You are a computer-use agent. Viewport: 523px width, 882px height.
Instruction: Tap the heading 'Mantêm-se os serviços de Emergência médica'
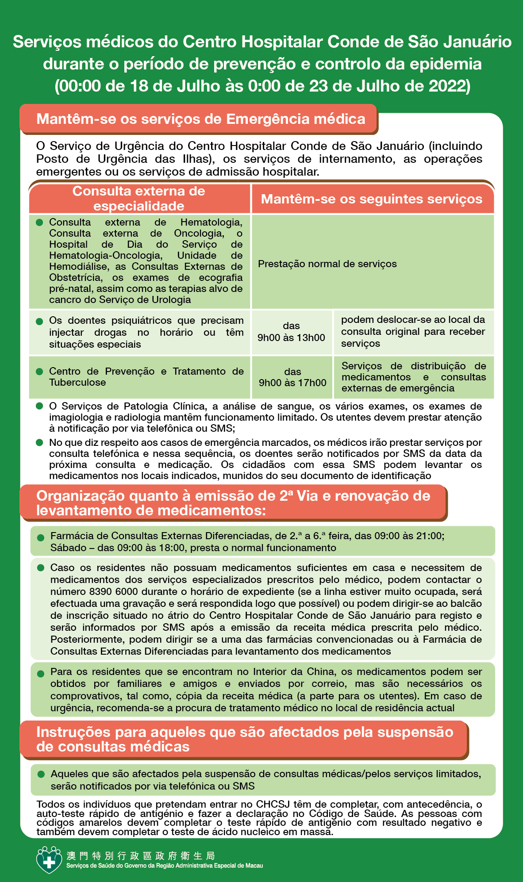coord(200,119)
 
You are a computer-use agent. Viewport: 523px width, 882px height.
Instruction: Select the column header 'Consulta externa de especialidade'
coord(139,199)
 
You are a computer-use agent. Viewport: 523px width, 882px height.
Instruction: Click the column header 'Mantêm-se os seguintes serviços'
coord(371,199)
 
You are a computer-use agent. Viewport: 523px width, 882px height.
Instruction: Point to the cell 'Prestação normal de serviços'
coord(327,264)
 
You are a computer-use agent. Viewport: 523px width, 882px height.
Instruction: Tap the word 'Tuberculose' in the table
coord(77,382)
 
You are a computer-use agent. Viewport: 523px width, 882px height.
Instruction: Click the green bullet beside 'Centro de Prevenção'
coord(39,372)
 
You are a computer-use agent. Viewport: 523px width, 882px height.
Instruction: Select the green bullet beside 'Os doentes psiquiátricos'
coord(39,321)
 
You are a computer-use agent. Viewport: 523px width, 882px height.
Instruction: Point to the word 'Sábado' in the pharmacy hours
coord(68,548)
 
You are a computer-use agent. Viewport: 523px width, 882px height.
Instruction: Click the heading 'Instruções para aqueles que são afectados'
coord(244,739)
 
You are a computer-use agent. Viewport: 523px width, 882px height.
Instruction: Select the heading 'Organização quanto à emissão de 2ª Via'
coord(233,503)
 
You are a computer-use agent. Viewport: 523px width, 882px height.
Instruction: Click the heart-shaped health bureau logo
coord(49,859)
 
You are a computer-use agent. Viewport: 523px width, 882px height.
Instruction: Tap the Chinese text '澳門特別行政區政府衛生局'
coord(141,855)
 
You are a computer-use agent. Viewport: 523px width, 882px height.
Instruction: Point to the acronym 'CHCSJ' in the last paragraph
coord(273,804)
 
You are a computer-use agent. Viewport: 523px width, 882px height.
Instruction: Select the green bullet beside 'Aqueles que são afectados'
coord(41,774)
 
